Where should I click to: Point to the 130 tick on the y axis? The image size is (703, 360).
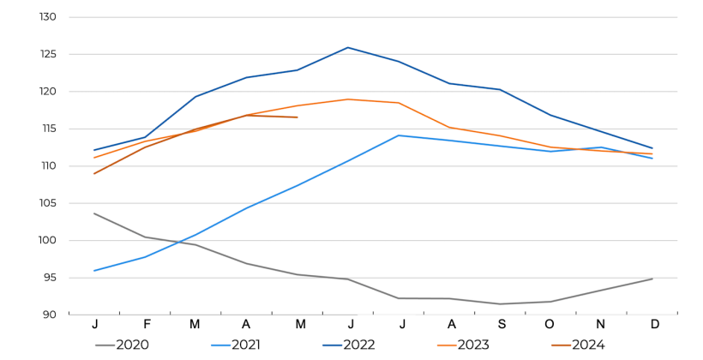tap(48, 17)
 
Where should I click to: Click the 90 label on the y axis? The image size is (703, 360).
tap(51, 315)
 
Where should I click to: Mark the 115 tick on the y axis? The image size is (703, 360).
tap(48, 129)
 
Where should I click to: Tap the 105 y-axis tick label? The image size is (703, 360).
tap(48, 203)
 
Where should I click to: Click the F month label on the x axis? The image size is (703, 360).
tap(147, 324)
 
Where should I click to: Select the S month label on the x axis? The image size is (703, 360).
tap(501, 324)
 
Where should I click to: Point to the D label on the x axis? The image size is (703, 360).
tap(654, 324)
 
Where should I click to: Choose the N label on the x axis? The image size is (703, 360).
tap(602, 324)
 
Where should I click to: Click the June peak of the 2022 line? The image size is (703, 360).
tap(348, 47)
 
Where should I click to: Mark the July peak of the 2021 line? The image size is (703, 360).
tap(399, 135)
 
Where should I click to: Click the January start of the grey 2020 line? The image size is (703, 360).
tap(94, 213)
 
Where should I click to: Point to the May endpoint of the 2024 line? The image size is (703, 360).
tap(297, 117)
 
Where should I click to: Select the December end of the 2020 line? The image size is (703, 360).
tap(652, 279)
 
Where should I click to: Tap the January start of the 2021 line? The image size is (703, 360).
tap(94, 271)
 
